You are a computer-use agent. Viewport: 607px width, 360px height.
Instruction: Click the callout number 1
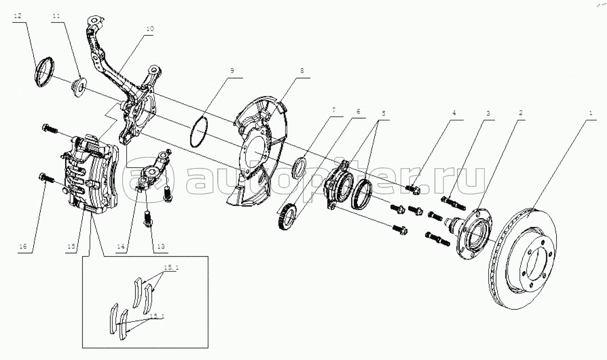tap(590, 113)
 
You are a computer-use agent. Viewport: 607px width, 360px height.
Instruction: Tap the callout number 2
tap(521, 113)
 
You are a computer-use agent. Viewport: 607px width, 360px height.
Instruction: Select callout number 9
tap(232, 70)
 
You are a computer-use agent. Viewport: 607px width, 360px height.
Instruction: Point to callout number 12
tap(17, 16)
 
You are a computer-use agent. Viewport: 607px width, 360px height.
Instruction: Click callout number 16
tap(22, 246)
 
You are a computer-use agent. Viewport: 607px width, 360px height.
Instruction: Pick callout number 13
tap(161, 246)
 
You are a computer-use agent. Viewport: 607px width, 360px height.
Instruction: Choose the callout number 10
tap(149, 29)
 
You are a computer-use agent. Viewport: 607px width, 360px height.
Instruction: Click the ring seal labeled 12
tap(44, 72)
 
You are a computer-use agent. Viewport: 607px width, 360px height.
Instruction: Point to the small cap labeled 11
tap(78, 87)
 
